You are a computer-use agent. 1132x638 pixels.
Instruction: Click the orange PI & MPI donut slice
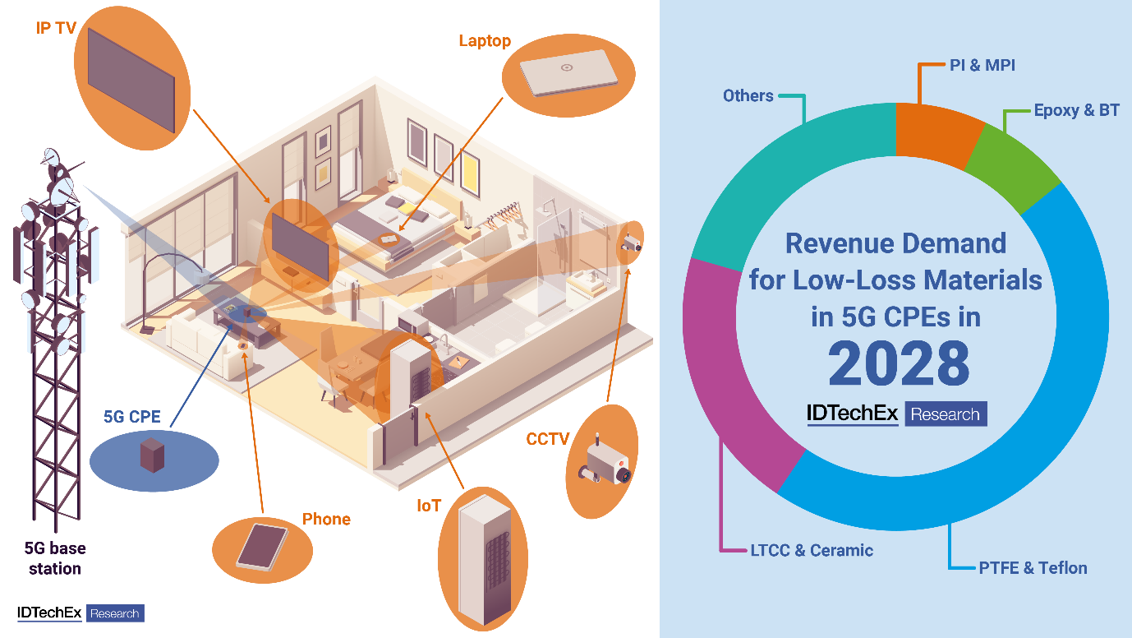point(937,133)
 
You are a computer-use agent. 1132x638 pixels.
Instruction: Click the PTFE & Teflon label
point(1033,567)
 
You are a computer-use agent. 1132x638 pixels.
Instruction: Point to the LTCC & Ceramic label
point(812,550)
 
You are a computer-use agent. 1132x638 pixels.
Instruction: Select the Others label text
point(748,95)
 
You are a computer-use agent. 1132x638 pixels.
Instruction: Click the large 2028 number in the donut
point(899,363)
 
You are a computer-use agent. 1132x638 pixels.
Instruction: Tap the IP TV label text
point(56,28)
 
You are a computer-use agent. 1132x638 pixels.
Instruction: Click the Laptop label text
point(485,41)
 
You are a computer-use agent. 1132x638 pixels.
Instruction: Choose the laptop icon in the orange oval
point(568,72)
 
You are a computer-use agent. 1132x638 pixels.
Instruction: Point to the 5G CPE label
point(132,416)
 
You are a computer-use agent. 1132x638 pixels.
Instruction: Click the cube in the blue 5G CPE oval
point(152,455)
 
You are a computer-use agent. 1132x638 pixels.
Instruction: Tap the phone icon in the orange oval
point(262,548)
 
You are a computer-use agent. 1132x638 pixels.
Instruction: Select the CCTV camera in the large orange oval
point(605,461)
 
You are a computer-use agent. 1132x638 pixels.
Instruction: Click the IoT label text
point(429,506)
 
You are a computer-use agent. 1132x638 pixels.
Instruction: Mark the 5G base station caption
point(55,558)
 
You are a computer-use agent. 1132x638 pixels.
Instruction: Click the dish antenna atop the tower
point(51,156)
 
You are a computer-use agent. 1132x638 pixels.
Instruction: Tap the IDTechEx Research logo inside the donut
point(896,414)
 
